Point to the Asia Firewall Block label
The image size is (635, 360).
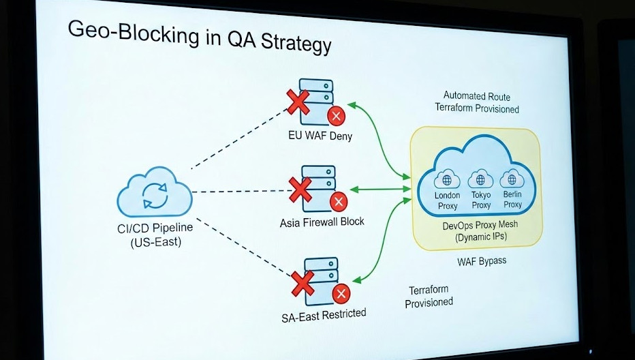pyautogui.click(x=322, y=222)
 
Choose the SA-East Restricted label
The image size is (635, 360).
pyautogui.click(x=323, y=314)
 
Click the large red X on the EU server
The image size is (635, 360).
pyautogui.click(x=297, y=103)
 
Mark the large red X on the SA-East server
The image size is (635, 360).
pyautogui.click(x=301, y=282)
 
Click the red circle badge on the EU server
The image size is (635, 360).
pyautogui.click(x=336, y=116)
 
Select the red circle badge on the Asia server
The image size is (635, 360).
pyautogui.click(x=338, y=202)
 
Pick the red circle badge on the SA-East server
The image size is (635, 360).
pyautogui.click(x=341, y=295)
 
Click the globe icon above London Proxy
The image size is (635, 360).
pyautogui.click(x=448, y=181)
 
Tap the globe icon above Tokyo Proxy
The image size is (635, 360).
pyautogui.click(x=480, y=181)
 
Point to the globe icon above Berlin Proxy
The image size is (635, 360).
pyautogui.click(x=512, y=180)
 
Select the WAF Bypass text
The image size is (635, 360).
pyautogui.click(x=482, y=261)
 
